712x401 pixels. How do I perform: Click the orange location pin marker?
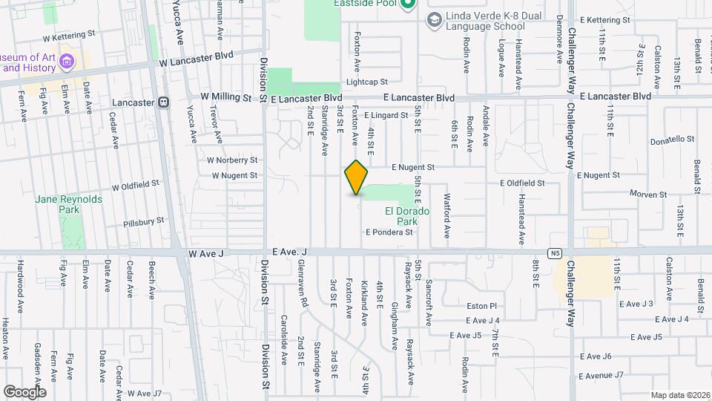point(357,177)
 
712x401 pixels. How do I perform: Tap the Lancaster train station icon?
point(162,102)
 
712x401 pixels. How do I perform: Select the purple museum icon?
point(67,60)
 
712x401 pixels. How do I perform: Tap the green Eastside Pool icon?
point(406,4)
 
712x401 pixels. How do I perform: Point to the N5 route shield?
point(555,253)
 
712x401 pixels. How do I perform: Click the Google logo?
point(24,391)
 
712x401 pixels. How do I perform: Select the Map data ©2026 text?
point(679,395)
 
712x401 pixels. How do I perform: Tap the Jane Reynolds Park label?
point(59,205)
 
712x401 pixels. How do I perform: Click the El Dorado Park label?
point(407,216)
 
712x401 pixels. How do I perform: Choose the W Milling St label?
point(226,97)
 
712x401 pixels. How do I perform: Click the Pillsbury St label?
point(143,221)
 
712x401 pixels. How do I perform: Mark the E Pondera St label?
point(389,232)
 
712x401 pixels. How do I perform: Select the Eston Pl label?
point(481,305)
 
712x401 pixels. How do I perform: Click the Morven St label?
point(648,195)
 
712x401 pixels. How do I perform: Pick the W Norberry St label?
point(232,160)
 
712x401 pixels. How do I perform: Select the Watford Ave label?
point(447,215)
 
